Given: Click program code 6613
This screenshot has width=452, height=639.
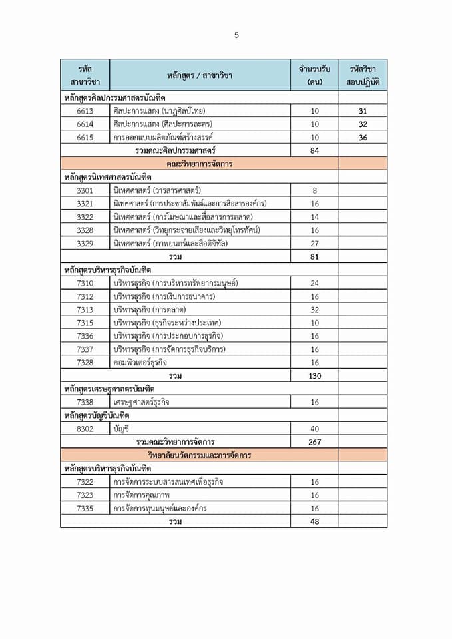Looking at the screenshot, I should coord(85,111).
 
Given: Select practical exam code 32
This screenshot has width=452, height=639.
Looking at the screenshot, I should coord(363,124).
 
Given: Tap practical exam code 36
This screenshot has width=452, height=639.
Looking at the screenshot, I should coord(363,138).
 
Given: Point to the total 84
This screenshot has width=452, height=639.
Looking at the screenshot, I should coord(315,151).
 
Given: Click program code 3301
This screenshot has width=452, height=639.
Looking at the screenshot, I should coord(85,190).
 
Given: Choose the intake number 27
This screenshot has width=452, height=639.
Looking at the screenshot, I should coord(315,243).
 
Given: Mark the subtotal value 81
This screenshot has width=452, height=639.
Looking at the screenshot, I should coord(315,256).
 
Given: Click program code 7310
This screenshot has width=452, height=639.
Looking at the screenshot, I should coord(85,283).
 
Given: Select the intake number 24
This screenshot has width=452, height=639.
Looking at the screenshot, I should coord(315,283).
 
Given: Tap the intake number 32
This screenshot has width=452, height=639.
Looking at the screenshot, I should coord(315,310).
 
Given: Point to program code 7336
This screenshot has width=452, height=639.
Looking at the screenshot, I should coord(85,336).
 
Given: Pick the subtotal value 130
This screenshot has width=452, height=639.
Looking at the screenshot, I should coord(315,376).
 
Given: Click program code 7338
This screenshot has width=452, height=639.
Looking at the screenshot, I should coord(85,402).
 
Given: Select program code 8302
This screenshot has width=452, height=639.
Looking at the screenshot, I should coord(85,429).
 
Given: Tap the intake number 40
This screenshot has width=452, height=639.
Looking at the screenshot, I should coord(315,429).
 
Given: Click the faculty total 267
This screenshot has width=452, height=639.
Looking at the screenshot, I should coord(315,442).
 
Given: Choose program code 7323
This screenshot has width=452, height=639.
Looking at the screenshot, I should coord(85,495).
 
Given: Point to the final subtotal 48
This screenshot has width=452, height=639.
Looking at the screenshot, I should coord(315,521).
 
